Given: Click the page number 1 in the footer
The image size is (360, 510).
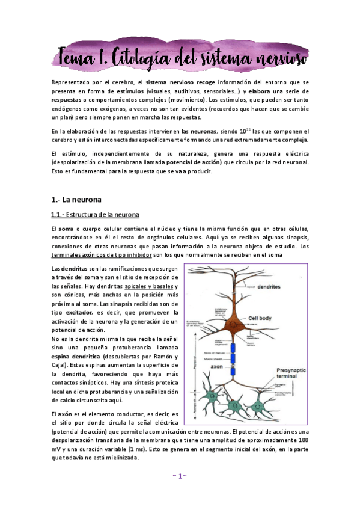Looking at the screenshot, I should pos(180,493).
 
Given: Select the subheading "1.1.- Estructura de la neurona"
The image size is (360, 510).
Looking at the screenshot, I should pos(96,215).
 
